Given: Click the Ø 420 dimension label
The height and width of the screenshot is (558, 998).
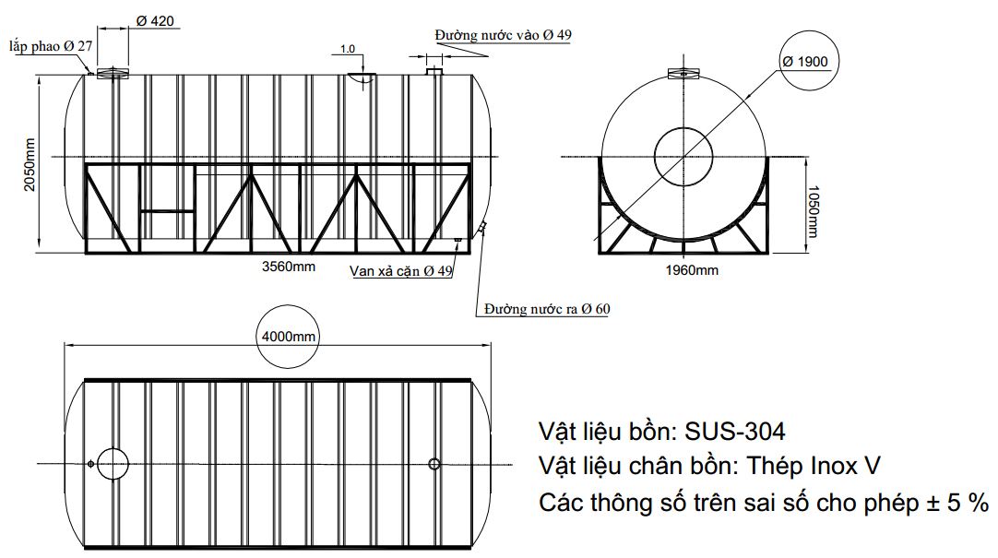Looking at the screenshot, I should click(155, 20).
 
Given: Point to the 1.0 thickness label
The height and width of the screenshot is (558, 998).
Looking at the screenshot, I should click(348, 48).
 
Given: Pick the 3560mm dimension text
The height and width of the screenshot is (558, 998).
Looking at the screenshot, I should click(290, 267).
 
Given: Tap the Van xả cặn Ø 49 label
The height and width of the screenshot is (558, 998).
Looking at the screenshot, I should click(401, 271).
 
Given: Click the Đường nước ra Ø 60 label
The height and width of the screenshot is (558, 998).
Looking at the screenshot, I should click(547, 308).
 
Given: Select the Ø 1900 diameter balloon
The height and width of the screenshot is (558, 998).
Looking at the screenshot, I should click(805, 62).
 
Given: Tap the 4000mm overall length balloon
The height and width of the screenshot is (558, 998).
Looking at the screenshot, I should click(289, 337).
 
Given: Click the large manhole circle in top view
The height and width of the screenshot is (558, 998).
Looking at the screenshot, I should click(113, 462).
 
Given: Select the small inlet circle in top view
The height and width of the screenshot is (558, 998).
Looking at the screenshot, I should click(434, 462).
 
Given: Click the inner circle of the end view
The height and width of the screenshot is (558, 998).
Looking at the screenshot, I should click(683, 154).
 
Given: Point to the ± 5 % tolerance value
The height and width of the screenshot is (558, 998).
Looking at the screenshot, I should click(956, 504).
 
